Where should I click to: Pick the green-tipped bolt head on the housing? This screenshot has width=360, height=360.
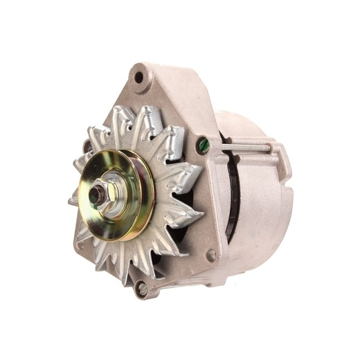[x=203, y=145]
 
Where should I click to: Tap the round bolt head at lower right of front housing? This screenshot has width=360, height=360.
[x=210, y=255]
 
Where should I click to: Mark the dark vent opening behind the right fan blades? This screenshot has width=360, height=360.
[x=181, y=208]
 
